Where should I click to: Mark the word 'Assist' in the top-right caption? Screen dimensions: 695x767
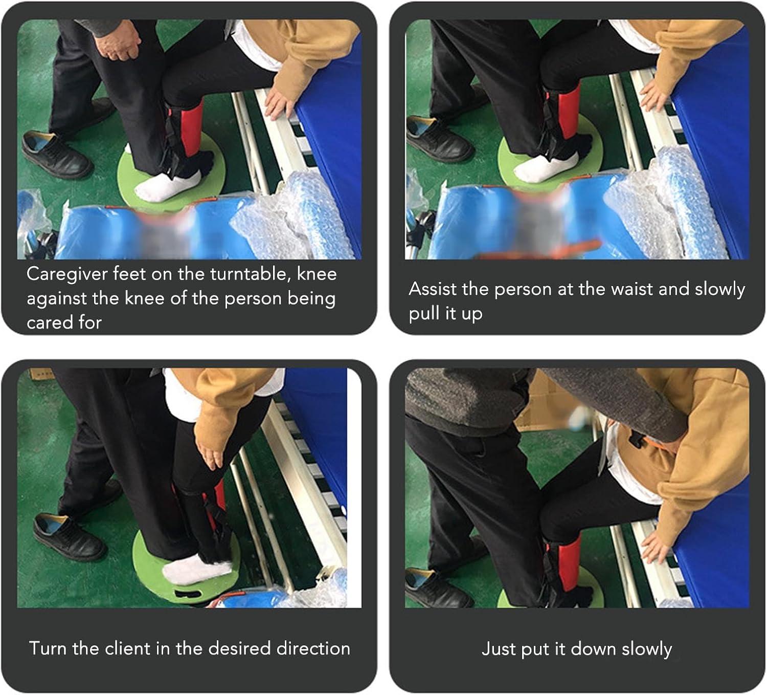(x=433, y=289)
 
